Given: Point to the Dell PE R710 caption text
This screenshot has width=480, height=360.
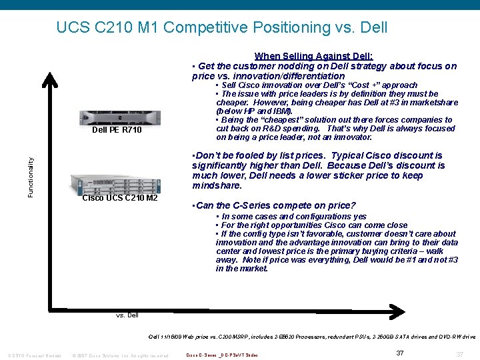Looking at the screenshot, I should (117, 131).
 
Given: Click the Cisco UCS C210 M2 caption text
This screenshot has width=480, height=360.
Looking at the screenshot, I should (120, 199).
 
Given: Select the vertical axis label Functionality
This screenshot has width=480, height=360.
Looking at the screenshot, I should (30, 177).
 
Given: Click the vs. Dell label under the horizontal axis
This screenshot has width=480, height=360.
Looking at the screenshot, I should (127, 315).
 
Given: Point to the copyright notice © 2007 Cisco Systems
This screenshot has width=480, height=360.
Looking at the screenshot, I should (120, 355).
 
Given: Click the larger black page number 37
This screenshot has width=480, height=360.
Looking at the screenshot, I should (400, 353).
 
